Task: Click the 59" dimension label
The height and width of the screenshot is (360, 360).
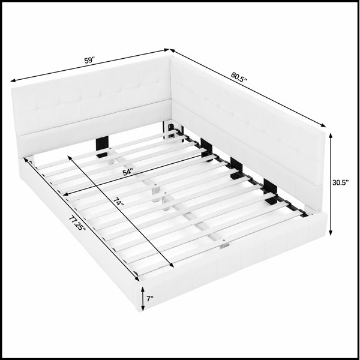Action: tap(89, 61)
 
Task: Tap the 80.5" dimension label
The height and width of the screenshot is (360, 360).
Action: tap(239, 77)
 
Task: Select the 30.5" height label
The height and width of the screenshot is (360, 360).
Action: tap(341, 182)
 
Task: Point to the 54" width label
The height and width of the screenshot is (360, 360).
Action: tap(128, 172)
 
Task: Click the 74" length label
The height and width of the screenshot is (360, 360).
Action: tap(118, 202)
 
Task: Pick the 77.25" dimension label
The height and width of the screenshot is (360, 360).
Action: tap(77, 224)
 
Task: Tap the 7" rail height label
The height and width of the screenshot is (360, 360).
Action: tap(150, 299)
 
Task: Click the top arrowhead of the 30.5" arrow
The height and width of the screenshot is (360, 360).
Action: tap(331, 136)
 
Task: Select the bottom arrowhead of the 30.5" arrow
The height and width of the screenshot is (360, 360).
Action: tap(331, 232)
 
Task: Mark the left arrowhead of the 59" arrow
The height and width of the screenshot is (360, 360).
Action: tap(13, 80)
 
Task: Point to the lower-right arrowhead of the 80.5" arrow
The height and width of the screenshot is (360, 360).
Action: tap(323, 125)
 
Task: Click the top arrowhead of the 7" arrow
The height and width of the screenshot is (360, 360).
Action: tap(143, 289)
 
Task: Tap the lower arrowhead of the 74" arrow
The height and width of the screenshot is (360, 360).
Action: tap(172, 265)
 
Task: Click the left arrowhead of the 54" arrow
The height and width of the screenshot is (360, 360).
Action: tap(65, 194)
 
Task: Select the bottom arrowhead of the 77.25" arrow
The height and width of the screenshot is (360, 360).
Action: tap(137, 279)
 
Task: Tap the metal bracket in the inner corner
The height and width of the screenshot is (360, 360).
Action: tap(171, 130)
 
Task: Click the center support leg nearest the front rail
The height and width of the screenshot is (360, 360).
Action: tap(223, 246)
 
